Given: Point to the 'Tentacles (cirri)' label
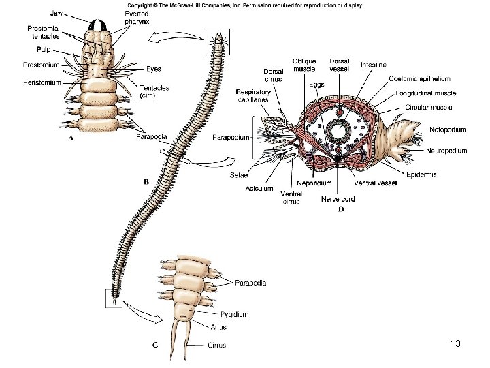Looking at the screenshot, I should [x=155, y=92].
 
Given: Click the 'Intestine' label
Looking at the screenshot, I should [x=374, y=65].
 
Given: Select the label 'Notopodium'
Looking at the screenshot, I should [x=448, y=129].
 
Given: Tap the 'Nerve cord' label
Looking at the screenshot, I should [x=338, y=200].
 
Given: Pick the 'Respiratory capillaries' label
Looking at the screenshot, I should [x=253, y=96].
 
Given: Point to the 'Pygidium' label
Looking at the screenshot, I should [x=234, y=314].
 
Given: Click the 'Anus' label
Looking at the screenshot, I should [x=218, y=327].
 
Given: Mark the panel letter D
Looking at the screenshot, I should [x=341, y=210].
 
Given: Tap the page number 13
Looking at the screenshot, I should [x=455, y=344].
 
